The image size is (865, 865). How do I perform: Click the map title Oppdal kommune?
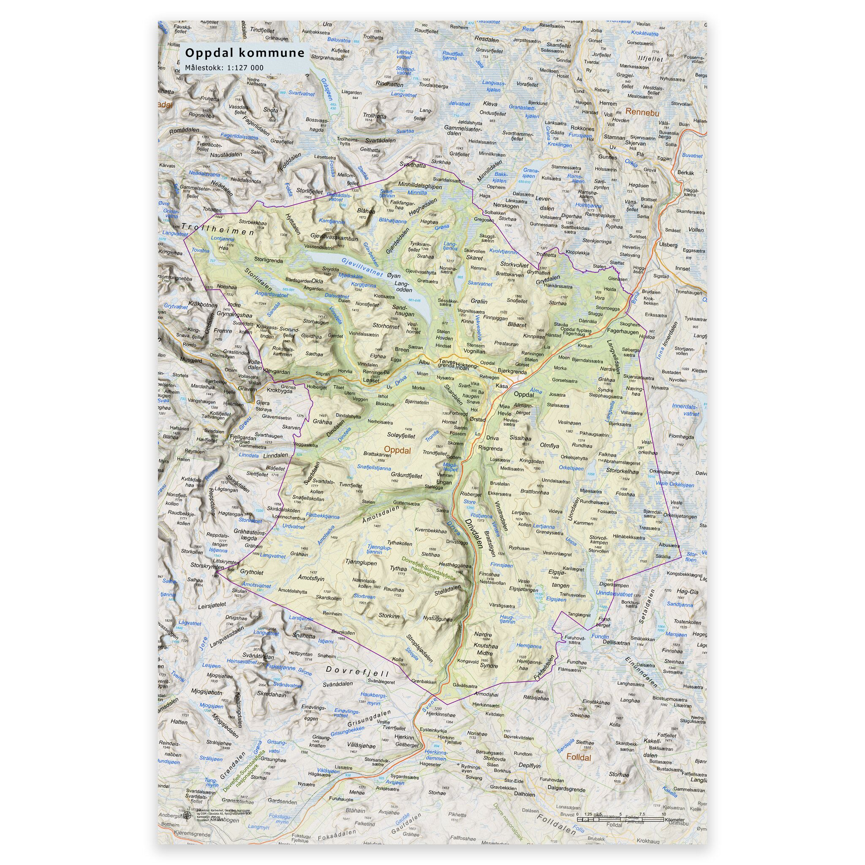245,53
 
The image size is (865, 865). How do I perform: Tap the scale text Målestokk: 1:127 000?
224,68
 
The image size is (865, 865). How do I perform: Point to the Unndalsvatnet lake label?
614,595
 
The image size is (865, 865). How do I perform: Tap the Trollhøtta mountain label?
374,114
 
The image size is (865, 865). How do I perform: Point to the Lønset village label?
371,380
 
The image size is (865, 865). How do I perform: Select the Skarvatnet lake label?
479,284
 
